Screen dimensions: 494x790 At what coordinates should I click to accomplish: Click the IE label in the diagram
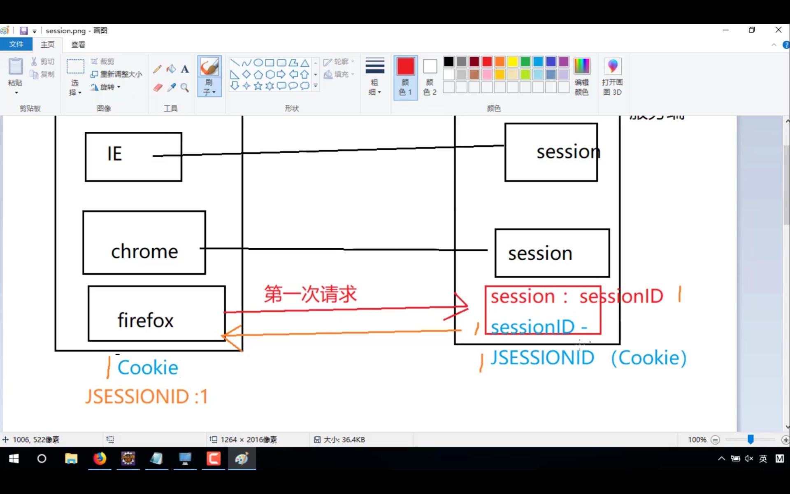click(114, 154)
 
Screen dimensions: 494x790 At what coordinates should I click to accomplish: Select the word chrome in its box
click(144, 252)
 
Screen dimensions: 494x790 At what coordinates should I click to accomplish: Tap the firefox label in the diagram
click(146, 320)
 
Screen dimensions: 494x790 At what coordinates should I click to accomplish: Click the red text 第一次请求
click(310, 294)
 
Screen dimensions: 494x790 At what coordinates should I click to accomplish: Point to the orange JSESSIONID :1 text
click(146, 397)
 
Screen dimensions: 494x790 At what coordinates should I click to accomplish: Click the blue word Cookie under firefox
click(148, 368)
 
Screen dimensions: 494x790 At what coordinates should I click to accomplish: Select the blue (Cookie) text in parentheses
click(648, 358)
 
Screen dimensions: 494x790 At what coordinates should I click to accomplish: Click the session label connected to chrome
click(540, 254)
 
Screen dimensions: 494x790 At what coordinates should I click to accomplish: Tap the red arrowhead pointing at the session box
click(463, 306)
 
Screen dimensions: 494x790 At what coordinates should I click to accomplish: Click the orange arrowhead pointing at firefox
click(230, 337)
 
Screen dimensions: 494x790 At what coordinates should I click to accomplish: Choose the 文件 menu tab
click(16, 44)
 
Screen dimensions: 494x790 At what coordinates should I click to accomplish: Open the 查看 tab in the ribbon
click(78, 44)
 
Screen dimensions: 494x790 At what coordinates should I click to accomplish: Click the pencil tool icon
click(157, 69)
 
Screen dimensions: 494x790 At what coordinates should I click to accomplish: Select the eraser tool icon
click(158, 88)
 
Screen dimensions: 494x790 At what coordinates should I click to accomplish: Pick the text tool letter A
click(185, 69)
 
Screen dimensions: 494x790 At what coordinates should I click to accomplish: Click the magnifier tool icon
click(185, 88)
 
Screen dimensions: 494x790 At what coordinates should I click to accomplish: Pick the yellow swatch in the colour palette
click(512, 62)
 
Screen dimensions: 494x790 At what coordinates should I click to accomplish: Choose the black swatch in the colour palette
click(448, 62)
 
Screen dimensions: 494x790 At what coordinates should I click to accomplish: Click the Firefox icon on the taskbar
click(100, 459)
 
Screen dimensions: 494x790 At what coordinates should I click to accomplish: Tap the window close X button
click(778, 30)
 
